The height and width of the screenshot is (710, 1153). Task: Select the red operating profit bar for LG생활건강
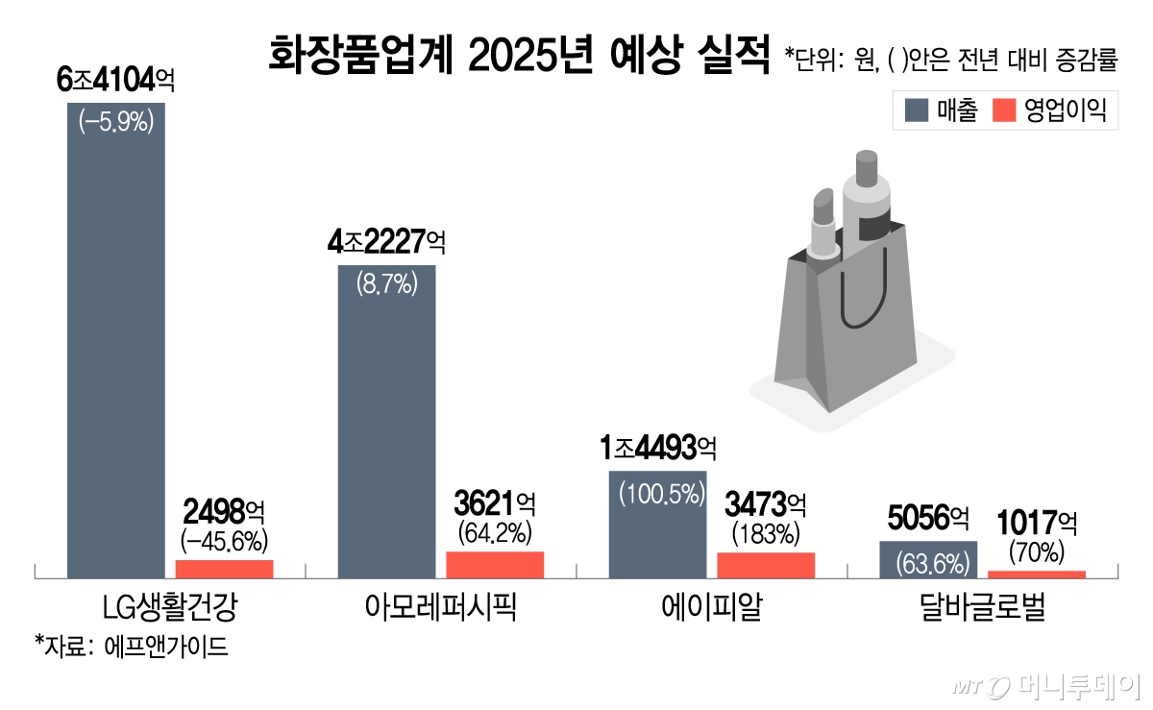224,569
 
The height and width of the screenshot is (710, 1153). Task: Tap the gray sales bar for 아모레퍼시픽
386,423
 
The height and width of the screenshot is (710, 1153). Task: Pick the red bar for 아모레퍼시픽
495,565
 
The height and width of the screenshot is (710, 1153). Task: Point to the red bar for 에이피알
766,566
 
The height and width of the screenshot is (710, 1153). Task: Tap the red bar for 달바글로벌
1037,575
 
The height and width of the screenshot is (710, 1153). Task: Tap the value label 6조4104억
115,82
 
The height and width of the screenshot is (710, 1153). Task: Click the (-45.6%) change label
224,538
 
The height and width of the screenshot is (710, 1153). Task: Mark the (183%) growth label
766,531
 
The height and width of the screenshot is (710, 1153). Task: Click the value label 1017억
1037,524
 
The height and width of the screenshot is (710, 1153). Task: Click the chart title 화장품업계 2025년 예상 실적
520,57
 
